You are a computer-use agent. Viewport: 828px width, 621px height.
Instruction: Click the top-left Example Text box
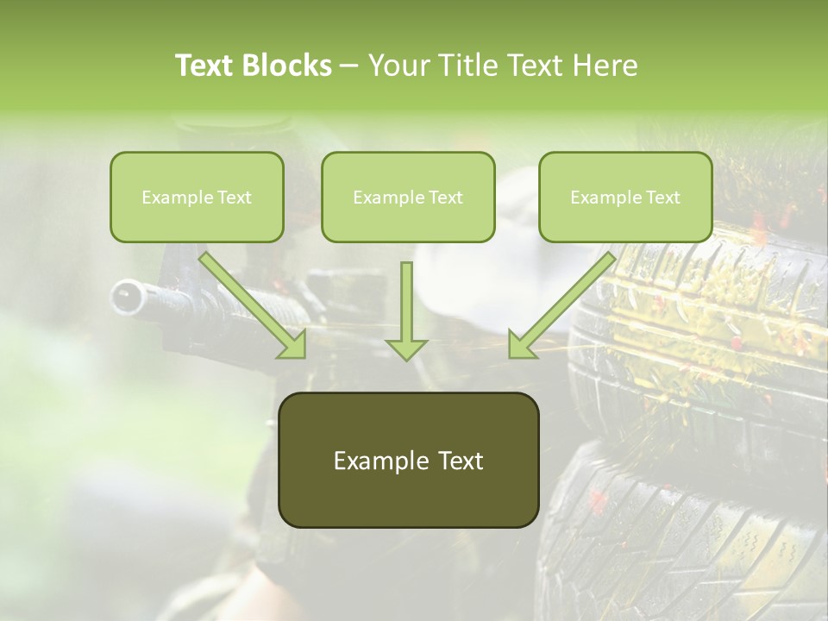coord(197,198)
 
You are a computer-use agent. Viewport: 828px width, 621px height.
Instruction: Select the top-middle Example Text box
coord(408,198)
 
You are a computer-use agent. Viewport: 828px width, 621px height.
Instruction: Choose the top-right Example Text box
coord(625,198)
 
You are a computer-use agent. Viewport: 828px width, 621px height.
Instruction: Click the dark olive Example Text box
coord(408,461)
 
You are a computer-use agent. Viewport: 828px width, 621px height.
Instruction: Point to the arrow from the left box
coord(254,306)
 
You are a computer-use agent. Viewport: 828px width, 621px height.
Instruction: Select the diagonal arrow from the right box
coord(561,306)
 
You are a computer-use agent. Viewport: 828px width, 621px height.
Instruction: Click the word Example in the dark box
coord(371,461)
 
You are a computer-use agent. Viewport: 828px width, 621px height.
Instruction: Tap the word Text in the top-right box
coord(663,198)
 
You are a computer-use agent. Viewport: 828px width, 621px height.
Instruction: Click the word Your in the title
coord(399,66)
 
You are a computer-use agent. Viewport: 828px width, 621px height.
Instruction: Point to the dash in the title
coord(349,66)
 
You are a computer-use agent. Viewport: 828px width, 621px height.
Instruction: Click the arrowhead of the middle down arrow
coord(406,348)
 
